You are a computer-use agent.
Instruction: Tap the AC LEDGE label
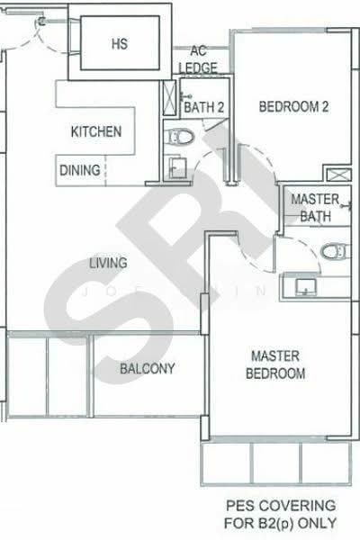tap(197, 59)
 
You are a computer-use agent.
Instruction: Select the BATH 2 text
tap(203, 107)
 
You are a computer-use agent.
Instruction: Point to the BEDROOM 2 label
tap(293, 107)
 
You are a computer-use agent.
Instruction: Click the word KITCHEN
tap(96, 132)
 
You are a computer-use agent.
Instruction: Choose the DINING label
tap(80, 169)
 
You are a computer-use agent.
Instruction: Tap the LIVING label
tap(107, 263)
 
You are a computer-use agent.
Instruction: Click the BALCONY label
tap(147, 369)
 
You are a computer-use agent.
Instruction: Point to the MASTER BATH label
tap(316, 208)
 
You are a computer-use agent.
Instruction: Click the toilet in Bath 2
tap(181, 137)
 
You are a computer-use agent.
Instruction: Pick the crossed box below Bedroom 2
tap(340, 176)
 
